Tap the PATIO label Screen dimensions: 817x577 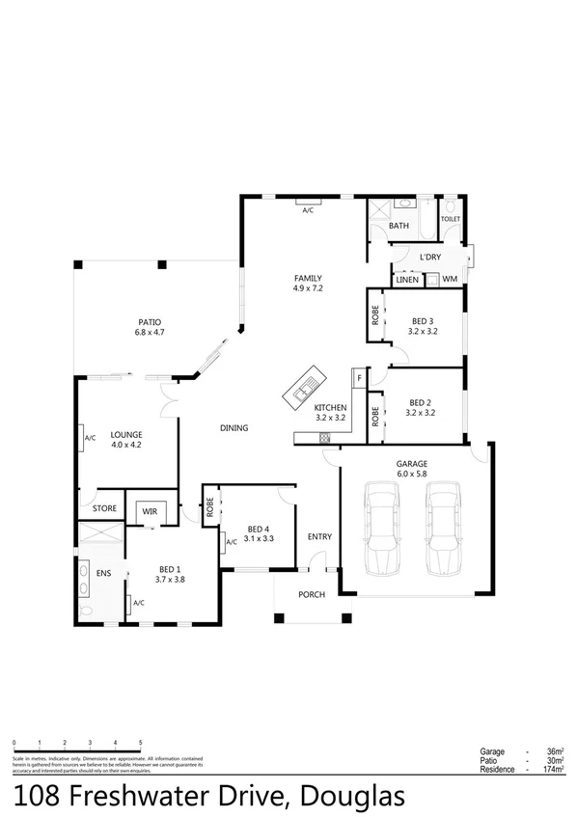pyautogui.click(x=150, y=322)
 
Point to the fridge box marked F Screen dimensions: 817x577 pyautogui.click(x=358, y=377)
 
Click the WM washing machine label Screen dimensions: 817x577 pyautogui.click(x=449, y=279)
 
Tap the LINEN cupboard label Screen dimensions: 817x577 pyautogui.click(x=407, y=280)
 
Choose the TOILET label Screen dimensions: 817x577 pyautogui.click(x=451, y=219)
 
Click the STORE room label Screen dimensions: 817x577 pyautogui.click(x=104, y=507)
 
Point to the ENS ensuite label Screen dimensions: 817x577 pyautogui.click(x=103, y=573)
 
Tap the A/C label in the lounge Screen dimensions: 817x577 pyautogui.click(x=90, y=437)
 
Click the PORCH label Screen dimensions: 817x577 pyautogui.click(x=311, y=594)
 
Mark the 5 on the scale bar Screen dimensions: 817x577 pyautogui.click(x=141, y=743)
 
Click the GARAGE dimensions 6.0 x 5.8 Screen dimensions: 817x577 pyautogui.click(x=412, y=474)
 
